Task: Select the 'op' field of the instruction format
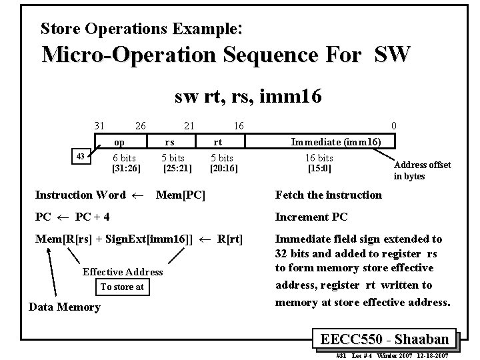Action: tap(119, 142)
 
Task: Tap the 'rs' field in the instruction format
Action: tap(170, 142)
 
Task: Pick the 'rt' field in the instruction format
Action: tap(217, 142)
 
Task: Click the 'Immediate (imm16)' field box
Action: tap(335, 141)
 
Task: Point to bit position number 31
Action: tap(99, 126)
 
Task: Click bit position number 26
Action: tap(140, 126)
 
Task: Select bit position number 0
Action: tap(394, 126)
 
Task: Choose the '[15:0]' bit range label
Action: tap(319, 169)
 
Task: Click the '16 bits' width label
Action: tap(319, 158)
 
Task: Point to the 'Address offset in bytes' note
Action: tap(422, 171)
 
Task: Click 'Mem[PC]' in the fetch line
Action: tap(180, 195)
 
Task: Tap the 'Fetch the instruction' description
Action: tap(329, 195)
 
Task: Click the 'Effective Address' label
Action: tap(123, 271)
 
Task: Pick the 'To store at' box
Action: tap(121, 287)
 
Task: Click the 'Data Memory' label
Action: tap(65, 307)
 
